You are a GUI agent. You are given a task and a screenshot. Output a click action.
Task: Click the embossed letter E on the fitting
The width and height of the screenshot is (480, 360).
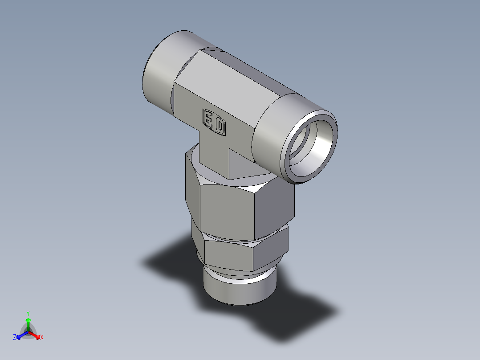(208, 119)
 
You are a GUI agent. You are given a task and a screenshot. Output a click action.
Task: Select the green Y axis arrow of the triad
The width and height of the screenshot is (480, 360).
(28, 321)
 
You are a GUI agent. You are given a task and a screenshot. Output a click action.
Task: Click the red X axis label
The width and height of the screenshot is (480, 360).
(42, 338)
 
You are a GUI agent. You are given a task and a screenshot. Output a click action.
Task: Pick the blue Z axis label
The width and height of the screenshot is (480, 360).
(15, 337)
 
